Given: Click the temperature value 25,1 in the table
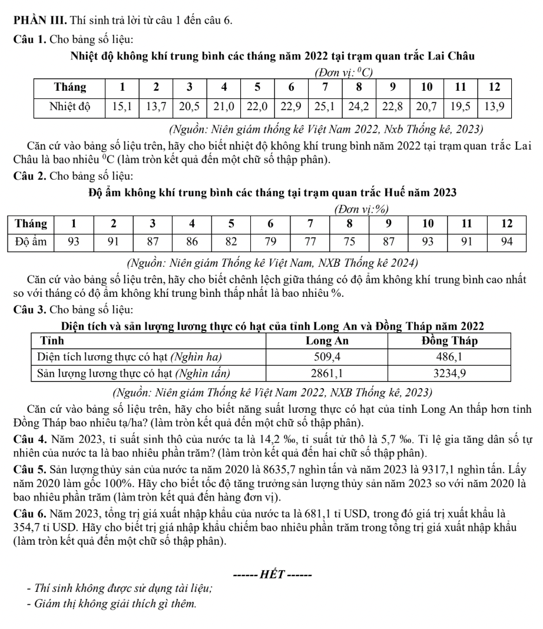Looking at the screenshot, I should tap(324, 108).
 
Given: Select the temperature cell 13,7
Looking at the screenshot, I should tap(157, 108).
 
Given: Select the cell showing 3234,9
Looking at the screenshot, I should tap(449, 372).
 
